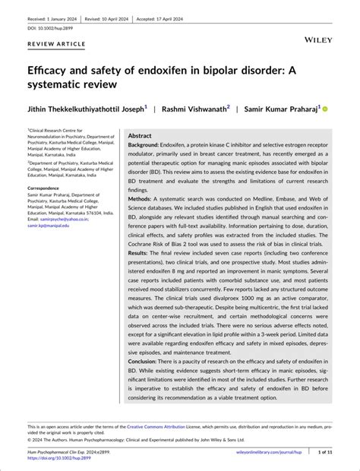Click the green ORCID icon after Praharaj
coord(325,109)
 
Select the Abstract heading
coord(140,135)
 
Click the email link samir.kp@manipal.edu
coord(48,226)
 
